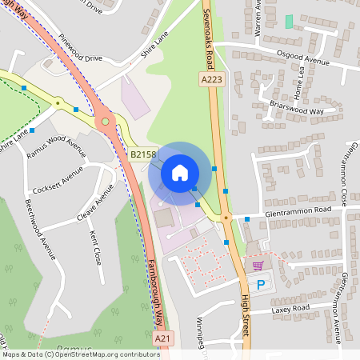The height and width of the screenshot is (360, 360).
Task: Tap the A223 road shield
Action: (x=210, y=79)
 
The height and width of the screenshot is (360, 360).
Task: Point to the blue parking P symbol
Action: (x=259, y=285)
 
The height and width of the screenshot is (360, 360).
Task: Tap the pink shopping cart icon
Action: (x=258, y=266)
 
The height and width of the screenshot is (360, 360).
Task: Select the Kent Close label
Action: (x=95, y=248)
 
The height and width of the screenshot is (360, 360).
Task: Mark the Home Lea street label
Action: (x=301, y=79)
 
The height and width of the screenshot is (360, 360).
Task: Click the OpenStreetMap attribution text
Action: (x=81, y=354)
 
